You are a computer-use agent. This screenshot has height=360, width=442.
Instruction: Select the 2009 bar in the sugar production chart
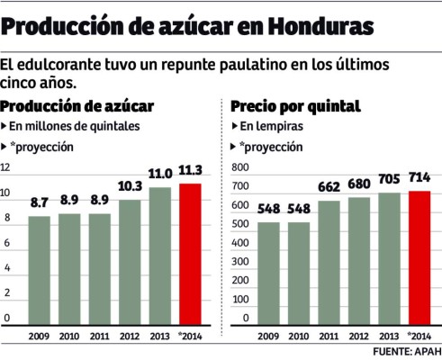40,269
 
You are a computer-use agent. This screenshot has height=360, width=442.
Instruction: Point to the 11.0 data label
160,175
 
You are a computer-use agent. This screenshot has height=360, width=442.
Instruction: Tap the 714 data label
419,176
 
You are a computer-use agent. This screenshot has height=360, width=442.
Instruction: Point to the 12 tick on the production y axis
6,168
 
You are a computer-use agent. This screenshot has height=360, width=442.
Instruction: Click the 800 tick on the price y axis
239,168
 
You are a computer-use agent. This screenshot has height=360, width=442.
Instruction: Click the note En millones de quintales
74,126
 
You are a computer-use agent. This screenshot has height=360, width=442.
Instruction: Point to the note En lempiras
272,126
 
